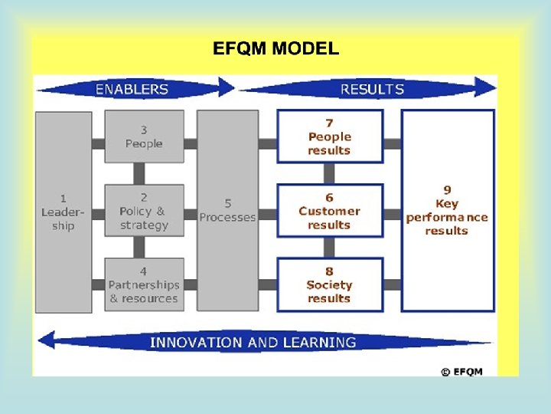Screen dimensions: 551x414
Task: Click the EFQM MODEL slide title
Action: pos(275,50)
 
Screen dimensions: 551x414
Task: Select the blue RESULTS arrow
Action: pos(371,89)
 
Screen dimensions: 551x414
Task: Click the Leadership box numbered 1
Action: pos(64,211)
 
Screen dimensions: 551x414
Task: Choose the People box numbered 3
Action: pos(144,136)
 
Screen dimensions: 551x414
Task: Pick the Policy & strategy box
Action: pos(144,211)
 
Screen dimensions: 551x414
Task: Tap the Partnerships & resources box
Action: pos(144,284)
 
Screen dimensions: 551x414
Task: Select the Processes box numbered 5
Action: pos(227,211)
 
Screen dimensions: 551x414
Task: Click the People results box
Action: pos(329,136)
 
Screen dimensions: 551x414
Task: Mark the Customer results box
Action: pos(329,211)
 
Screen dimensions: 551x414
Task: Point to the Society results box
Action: pos(329,284)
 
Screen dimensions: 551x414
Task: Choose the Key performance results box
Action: pos(447,211)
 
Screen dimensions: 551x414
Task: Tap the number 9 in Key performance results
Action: pos(447,189)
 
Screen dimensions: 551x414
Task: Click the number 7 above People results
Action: pos(329,123)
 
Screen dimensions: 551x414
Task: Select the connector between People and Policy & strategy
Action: pos(139,173)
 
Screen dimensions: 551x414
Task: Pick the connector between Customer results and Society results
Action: pos(329,247)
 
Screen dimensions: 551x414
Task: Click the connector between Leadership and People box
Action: pos(98,143)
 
